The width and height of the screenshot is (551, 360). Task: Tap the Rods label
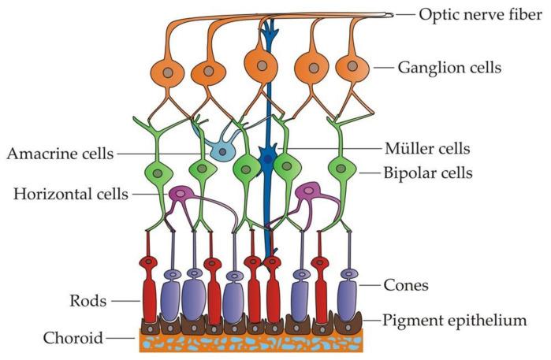82,300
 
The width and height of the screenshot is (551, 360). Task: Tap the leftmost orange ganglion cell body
167,72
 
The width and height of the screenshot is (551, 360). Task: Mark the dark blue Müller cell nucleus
268,160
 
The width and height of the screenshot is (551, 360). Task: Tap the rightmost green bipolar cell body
341,168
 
